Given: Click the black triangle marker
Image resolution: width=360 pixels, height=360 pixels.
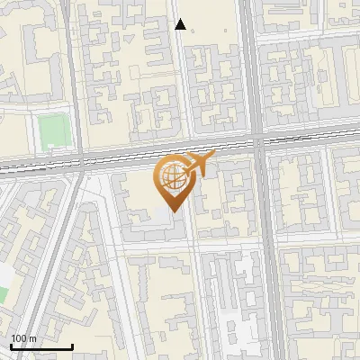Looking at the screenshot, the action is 181,24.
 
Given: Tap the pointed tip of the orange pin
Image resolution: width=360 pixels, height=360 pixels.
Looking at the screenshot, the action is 170,212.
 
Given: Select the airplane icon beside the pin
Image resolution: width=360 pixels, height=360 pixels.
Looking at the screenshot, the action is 199,164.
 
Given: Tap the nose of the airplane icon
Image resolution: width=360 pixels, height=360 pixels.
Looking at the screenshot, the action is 212,157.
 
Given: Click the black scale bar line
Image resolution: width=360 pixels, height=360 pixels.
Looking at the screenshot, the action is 40,347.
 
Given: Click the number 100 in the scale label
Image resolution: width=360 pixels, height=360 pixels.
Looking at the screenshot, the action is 18,338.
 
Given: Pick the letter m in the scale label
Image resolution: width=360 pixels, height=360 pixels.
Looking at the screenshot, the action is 32,338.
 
